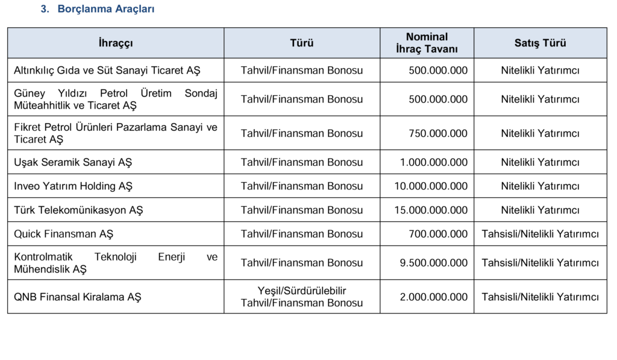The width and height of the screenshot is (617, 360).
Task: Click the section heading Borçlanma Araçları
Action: pyautogui.click(x=106, y=10)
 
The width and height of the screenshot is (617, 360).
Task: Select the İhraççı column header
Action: pyautogui.click(x=116, y=43)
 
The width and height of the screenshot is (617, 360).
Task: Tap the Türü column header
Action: pyautogui.click(x=302, y=43)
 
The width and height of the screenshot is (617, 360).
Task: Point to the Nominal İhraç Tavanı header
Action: pyautogui.click(x=427, y=43)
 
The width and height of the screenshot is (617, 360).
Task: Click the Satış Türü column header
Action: pyautogui.click(x=540, y=43)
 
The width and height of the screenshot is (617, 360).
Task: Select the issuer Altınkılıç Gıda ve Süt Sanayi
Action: pyautogui.click(x=107, y=71)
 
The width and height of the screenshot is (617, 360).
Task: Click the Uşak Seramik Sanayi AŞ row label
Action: pyautogui.click(x=73, y=162)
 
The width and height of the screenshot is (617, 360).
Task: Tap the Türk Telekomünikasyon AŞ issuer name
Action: pyautogui.click(x=78, y=210)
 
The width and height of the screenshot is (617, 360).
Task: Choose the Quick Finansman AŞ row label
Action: pyautogui.click(x=64, y=234)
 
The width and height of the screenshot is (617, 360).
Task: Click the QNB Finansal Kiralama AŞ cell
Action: pyautogui.click(x=78, y=297)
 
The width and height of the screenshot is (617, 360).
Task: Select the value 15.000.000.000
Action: pyautogui.click(x=431, y=210)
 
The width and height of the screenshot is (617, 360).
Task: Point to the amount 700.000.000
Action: pyautogui.click(x=437, y=234)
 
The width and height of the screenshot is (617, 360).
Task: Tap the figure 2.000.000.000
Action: pyautogui.click(x=433, y=297)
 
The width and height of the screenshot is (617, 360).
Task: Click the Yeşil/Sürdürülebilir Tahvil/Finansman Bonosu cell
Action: pyautogui.click(x=302, y=297)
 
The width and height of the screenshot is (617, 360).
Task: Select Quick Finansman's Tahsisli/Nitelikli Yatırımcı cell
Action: pyautogui.click(x=540, y=234)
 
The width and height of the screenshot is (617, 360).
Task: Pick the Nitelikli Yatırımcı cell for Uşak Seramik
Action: pyautogui.click(x=540, y=162)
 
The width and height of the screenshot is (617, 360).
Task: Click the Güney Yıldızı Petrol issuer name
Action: pyautogui.click(x=116, y=99)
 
